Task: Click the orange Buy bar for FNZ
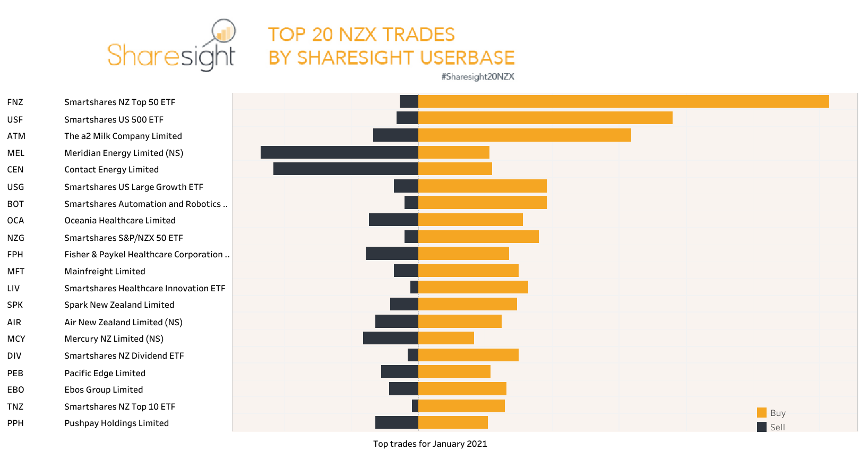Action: tap(623, 101)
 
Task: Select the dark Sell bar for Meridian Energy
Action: tap(339, 152)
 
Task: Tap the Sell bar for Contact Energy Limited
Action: tap(346, 169)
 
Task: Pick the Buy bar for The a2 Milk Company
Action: tap(524, 135)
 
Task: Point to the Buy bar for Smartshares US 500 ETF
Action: tap(545, 118)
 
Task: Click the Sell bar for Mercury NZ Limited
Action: tap(390, 338)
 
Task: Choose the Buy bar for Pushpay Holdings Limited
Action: tap(453, 422)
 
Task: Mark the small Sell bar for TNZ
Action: tap(415, 406)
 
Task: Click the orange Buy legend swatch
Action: tap(762, 413)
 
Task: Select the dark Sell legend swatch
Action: tap(762, 427)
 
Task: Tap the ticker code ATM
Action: tap(16, 136)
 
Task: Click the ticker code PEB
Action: tap(15, 374)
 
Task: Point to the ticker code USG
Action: tap(15, 187)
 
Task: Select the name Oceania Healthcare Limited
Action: tap(120, 221)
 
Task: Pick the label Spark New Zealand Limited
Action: tap(119, 305)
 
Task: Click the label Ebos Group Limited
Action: tap(104, 390)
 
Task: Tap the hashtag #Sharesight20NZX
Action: tap(478, 77)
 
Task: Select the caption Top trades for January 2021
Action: tap(430, 444)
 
